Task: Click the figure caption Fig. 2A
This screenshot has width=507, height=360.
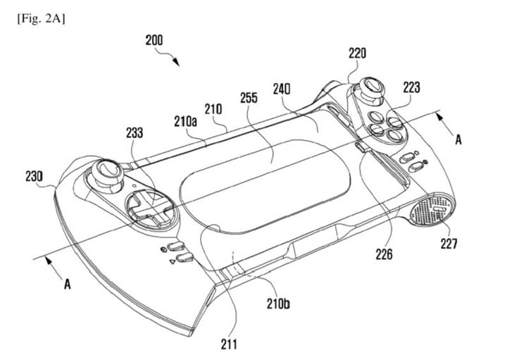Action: (41, 19)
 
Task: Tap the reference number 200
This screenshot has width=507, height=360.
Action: (154, 41)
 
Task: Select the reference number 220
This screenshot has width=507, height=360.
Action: (357, 54)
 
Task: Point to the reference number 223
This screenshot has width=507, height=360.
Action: (411, 87)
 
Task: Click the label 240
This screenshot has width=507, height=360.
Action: (282, 89)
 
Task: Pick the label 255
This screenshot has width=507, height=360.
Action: (249, 98)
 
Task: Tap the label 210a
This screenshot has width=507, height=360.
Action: (186, 122)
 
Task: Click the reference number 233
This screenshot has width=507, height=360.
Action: (134, 132)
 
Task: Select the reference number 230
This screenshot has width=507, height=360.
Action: (34, 177)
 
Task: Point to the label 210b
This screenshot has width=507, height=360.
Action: (278, 304)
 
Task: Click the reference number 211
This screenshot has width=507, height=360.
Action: (229, 345)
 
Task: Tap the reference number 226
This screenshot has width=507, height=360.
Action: (384, 254)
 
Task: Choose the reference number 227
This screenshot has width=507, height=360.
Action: (449, 244)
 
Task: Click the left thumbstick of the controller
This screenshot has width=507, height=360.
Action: (106, 173)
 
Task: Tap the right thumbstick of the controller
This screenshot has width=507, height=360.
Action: (370, 88)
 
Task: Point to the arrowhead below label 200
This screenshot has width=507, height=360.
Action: (176, 62)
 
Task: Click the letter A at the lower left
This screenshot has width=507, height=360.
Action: (68, 285)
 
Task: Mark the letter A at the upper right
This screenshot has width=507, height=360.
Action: (458, 140)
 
